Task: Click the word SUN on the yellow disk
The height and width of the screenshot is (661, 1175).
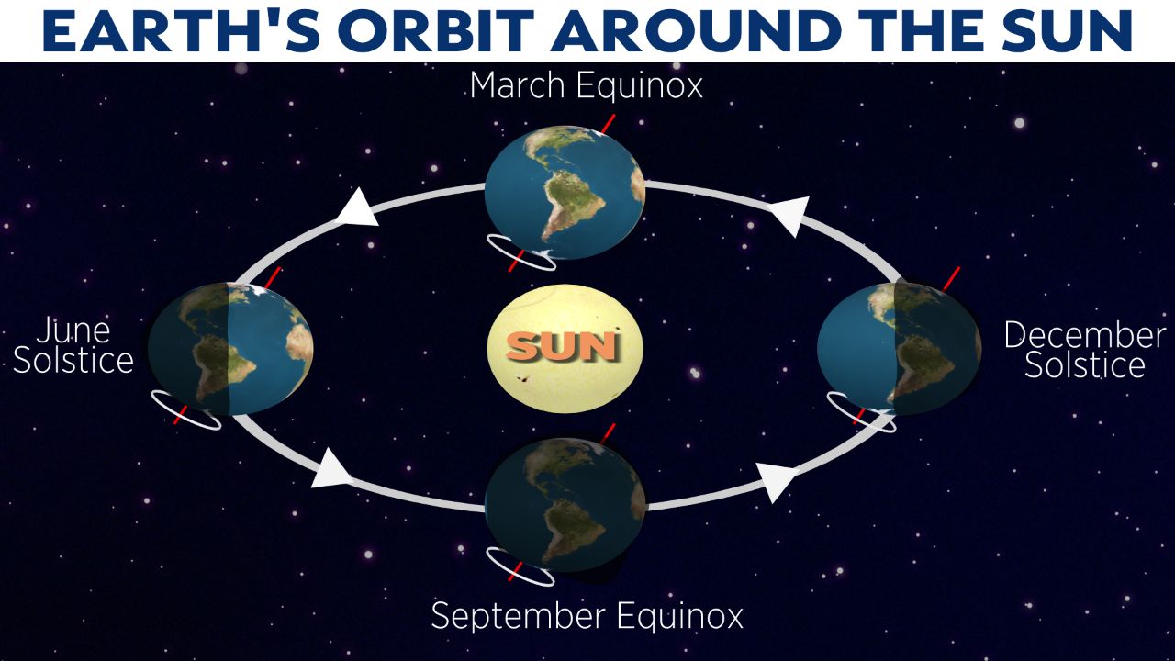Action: [x=562, y=346]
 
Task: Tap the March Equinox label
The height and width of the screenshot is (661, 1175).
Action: [x=586, y=85]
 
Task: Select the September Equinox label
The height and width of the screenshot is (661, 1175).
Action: [x=587, y=615]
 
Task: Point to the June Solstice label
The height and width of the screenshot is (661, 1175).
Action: [x=73, y=346]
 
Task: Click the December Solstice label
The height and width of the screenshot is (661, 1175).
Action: [x=1085, y=350]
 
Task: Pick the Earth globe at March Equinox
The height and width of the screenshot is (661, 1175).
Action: [x=565, y=192]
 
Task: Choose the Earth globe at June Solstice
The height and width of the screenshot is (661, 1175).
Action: [x=230, y=349]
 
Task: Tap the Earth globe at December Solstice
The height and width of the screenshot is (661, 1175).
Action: [x=899, y=349]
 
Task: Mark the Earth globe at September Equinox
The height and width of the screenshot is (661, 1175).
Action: [x=565, y=505]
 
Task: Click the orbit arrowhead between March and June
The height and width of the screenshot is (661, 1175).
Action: [x=358, y=208]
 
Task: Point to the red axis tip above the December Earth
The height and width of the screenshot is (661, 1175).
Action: [x=959, y=268]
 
